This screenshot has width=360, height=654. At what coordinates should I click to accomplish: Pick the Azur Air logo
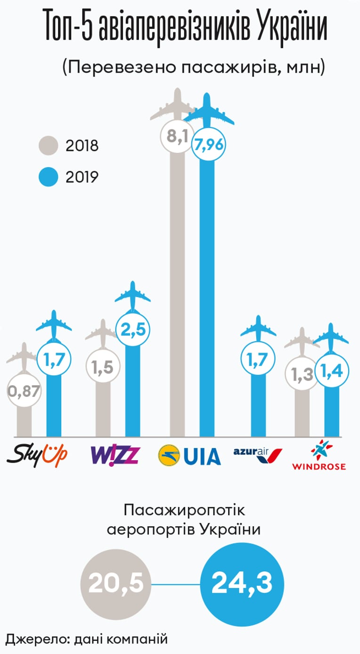pos(258,455)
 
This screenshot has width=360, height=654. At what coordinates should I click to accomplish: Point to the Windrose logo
pos(319,455)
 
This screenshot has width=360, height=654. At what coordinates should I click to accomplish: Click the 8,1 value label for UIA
pos(177,136)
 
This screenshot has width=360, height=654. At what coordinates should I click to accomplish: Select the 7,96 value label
pos(209,144)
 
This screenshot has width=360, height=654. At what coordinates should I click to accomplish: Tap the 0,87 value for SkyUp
pos(24,391)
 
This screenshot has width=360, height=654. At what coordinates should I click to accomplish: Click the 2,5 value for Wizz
pos(133,329)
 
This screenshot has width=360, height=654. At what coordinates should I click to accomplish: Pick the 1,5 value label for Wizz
pos(102,367)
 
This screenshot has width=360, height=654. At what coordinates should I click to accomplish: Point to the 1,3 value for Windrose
pos(302,374)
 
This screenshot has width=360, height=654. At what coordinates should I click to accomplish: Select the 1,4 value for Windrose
pos(332,371)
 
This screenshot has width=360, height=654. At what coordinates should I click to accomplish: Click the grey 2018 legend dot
pos(49,145)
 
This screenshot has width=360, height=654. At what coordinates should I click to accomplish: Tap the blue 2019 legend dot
pos(49,177)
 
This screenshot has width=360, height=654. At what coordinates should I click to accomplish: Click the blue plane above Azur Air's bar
pos(258,329)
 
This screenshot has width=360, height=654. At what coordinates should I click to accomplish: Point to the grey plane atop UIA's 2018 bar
pos(173,105)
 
